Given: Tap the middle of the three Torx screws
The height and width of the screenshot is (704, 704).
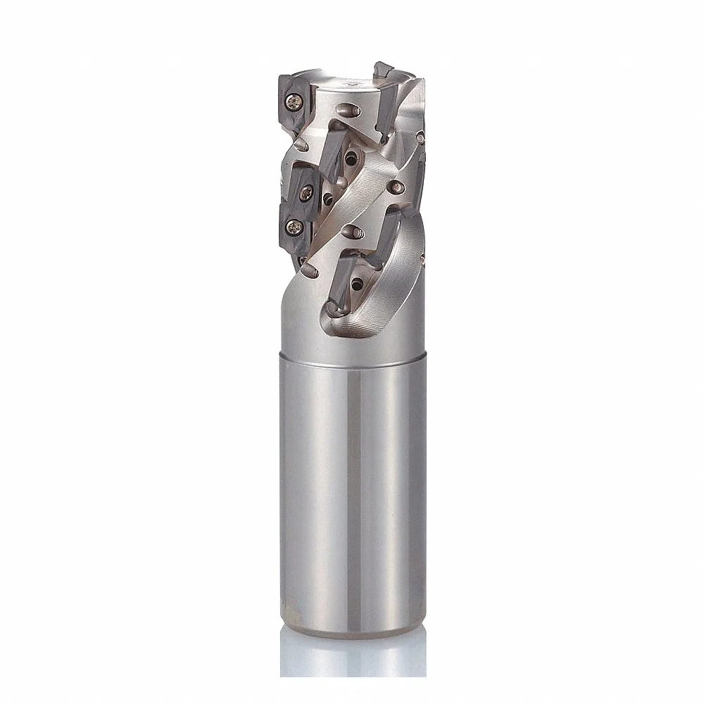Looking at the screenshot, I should (308, 191).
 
